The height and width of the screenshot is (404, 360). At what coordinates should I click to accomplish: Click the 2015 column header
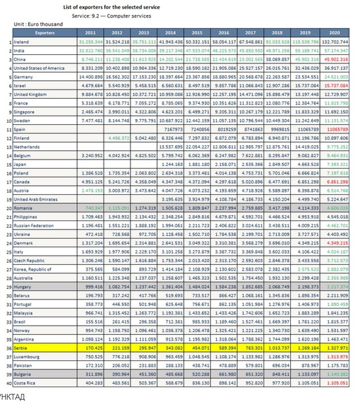point(197,33)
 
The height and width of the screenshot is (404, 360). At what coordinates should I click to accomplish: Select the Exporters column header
point(44,33)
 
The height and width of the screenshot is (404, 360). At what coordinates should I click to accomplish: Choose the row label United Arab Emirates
point(36,199)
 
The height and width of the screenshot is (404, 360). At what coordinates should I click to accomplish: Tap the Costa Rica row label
point(24,383)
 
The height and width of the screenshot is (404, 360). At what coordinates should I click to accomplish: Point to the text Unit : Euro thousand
point(38,24)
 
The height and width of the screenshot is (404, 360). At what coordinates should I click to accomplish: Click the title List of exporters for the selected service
point(111,7)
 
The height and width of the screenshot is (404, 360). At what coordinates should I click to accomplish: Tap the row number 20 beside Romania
point(9,208)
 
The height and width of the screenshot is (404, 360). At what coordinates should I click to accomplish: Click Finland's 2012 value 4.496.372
point(117,138)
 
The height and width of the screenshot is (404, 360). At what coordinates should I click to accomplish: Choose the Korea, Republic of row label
point(33,269)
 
